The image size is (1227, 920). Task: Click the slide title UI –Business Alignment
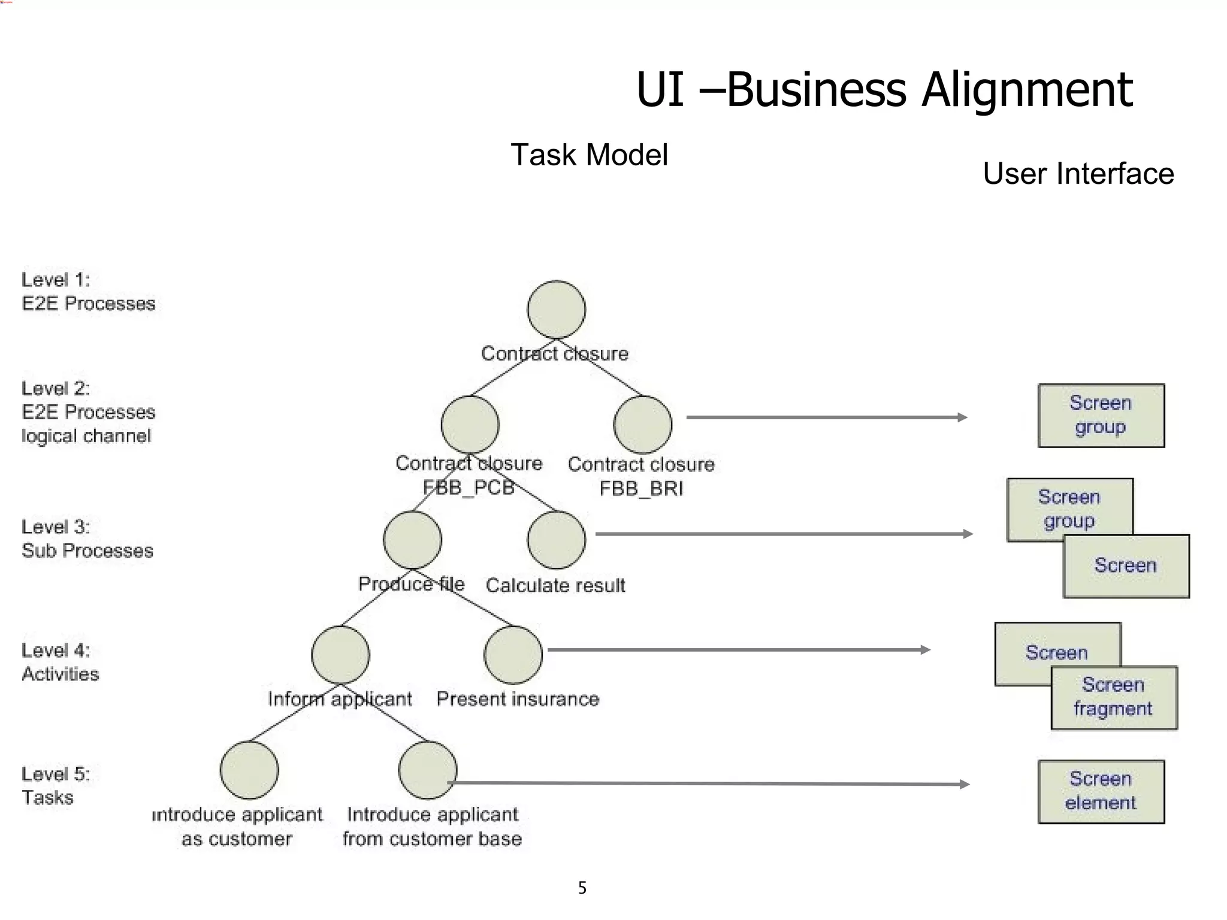[x=884, y=90]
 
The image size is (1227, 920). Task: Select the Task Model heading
[x=589, y=155]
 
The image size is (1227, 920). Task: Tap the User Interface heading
[x=1078, y=174]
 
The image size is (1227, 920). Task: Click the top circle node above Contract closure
[x=556, y=309]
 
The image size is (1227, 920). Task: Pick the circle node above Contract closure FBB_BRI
[x=642, y=424]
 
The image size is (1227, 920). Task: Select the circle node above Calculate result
[x=556, y=539]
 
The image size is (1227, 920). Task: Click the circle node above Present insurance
[x=513, y=654]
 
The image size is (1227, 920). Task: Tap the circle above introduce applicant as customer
[x=249, y=770]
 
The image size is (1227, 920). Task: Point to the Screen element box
[x=1101, y=791]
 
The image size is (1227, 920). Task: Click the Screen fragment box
[x=1114, y=697]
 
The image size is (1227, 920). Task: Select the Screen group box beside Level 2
[x=1101, y=415]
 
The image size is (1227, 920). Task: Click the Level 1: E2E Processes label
[x=88, y=292]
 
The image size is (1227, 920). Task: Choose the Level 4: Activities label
[x=60, y=662]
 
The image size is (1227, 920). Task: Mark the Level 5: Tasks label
[x=55, y=786]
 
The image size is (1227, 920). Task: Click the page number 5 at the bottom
[x=582, y=888]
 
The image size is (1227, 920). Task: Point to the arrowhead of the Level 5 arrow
[x=965, y=784]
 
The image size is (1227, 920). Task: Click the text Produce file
[x=411, y=584]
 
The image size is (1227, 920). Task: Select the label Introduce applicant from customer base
[x=432, y=827]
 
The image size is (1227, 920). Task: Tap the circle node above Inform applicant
[x=340, y=654]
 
